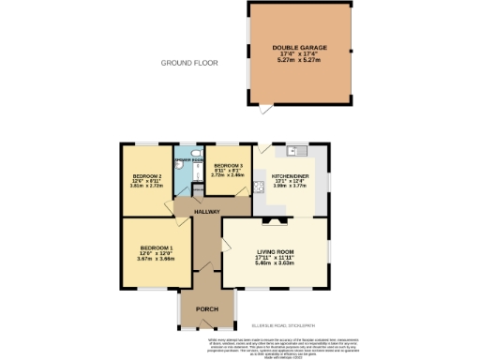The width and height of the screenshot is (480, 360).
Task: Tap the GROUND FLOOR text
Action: point(188,63)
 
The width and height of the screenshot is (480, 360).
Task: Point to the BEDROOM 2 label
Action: point(147,175)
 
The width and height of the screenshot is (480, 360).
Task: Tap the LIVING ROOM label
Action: point(276,252)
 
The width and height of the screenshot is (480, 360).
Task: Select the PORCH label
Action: point(206,309)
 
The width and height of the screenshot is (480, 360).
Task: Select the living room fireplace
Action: point(275,221)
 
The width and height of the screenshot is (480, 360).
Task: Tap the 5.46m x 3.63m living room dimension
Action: point(276,264)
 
